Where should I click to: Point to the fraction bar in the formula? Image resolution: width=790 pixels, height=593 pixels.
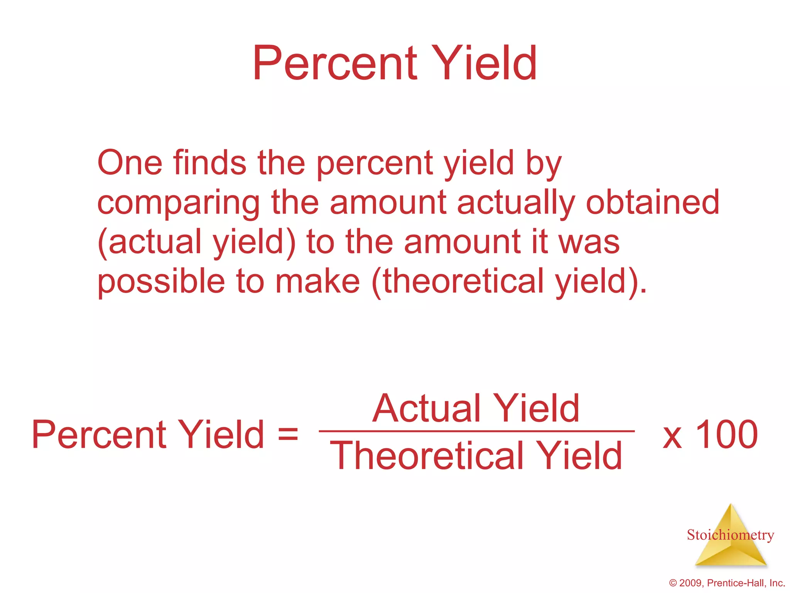[x=476, y=431]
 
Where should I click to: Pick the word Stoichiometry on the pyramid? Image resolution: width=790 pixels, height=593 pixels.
[x=730, y=535]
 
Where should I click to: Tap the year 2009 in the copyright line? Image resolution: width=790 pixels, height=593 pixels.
[x=690, y=583]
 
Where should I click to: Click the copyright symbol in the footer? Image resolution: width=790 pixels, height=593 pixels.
[x=673, y=583]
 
